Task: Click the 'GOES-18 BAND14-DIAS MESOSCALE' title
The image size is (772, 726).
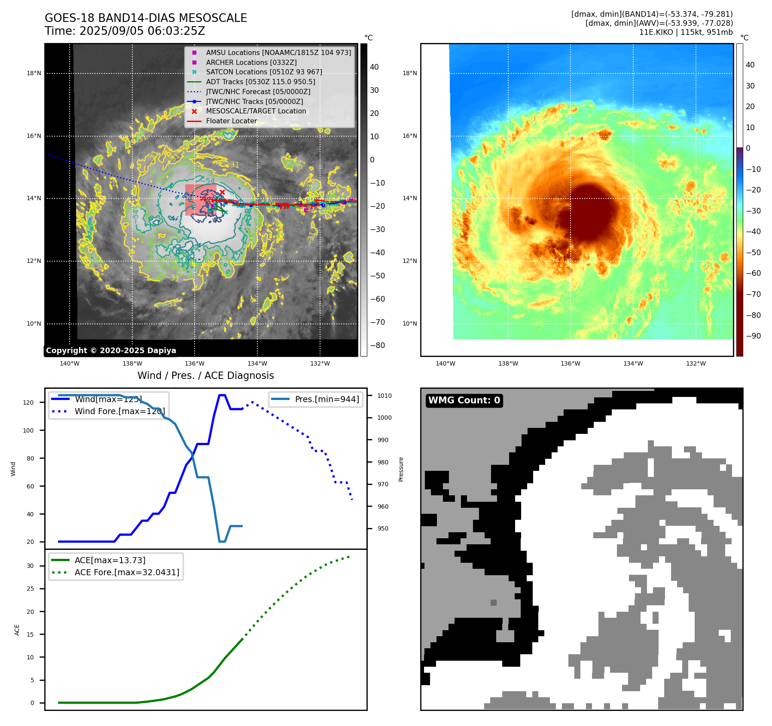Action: (146, 18)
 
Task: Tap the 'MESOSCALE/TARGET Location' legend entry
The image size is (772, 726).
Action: (256, 111)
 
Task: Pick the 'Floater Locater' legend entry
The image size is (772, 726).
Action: (231, 121)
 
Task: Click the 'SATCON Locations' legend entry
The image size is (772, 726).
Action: (264, 72)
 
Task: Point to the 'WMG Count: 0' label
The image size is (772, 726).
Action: (464, 400)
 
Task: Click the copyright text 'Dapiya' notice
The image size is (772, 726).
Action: (111, 351)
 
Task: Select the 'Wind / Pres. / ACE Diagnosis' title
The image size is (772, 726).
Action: (205, 375)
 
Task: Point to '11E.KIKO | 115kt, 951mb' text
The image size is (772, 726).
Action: (686, 32)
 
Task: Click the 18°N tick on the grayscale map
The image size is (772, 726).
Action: (34, 73)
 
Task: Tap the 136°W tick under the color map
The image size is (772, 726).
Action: (571, 363)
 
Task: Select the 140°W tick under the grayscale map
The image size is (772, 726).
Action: (70, 363)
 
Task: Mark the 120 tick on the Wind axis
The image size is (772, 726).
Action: (28, 403)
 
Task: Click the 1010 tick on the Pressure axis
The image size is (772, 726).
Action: (384, 396)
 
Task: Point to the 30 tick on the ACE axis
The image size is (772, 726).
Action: (31, 566)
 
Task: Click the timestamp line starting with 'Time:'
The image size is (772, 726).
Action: (125, 31)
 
